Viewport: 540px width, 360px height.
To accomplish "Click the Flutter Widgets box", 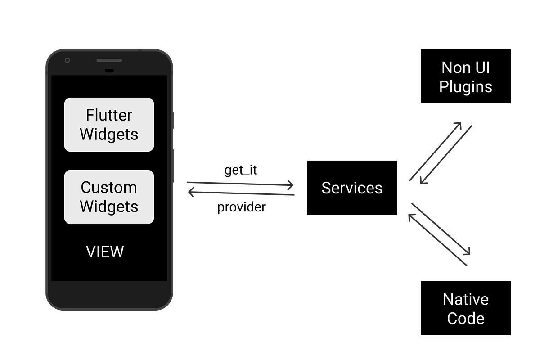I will [x=109, y=125].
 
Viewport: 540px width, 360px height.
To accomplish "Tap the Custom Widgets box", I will [x=109, y=197].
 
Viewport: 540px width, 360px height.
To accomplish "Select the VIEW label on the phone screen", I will [x=105, y=252].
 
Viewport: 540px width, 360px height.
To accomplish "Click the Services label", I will [x=352, y=188].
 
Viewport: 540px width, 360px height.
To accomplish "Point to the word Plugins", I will [x=466, y=86].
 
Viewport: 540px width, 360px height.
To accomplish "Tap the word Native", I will [x=466, y=299].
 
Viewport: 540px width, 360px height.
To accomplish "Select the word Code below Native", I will [x=466, y=319].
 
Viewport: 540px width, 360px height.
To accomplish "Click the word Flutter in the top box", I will [x=109, y=115].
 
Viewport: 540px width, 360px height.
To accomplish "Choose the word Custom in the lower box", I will [x=109, y=187].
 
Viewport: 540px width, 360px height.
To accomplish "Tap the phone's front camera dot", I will [x=67, y=61].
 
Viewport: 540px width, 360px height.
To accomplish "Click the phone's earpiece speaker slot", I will [x=109, y=60].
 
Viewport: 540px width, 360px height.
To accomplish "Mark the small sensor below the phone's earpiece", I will [x=109, y=71].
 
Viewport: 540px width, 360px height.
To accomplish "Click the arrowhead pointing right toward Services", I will [x=291, y=185].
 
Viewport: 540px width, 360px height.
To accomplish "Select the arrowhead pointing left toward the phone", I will [x=191, y=193].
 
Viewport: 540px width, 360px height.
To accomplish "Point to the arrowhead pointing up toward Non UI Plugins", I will [x=459, y=124].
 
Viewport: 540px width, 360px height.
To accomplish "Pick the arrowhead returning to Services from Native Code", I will [x=411, y=216].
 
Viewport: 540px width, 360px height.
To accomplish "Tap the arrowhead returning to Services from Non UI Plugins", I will [x=423, y=181].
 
